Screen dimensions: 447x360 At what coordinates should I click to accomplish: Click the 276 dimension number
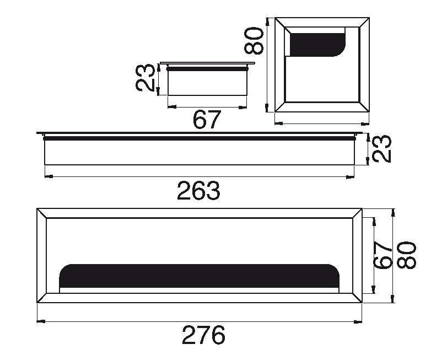click(x=203, y=335)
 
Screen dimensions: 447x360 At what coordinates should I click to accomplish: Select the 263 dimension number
click(x=199, y=190)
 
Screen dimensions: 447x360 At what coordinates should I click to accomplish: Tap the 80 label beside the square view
click(x=254, y=40)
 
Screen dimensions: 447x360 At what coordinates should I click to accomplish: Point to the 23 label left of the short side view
click(x=145, y=78)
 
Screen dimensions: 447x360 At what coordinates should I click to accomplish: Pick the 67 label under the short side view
click(x=207, y=120)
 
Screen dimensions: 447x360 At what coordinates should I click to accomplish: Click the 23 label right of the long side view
click(x=382, y=149)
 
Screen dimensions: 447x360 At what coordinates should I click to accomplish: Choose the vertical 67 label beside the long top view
click(x=383, y=255)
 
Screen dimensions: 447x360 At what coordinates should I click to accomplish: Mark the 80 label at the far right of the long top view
click(x=407, y=255)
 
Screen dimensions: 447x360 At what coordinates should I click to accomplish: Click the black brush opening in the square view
click(x=318, y=44)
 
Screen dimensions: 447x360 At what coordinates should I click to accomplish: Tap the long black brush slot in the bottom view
click(x=200, y=276)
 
